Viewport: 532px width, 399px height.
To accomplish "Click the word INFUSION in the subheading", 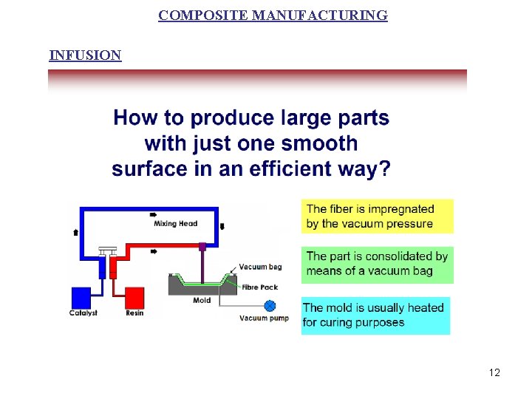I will [x=85, y=55].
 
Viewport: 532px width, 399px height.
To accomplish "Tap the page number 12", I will [x=494, y=372].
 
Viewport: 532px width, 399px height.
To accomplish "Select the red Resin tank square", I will [x=134, y=297].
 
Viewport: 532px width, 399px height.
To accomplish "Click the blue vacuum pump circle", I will [x=270, y=305].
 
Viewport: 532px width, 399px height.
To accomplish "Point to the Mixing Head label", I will [x=176, y=224].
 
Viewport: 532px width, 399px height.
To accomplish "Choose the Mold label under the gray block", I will [x=202, y=301].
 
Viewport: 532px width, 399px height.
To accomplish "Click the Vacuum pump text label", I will [x=264, y=318].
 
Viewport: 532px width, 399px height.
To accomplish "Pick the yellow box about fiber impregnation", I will [x=377, y=216].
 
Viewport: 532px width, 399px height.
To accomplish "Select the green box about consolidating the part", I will [x=377, y=264].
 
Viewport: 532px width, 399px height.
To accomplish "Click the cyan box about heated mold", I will [x=375, y=316].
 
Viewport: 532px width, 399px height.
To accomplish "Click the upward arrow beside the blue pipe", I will [x=75, y=231].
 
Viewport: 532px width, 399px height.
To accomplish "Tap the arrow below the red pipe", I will [x=153, y=252].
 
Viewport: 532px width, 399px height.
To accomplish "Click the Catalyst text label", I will [x=83, y=313].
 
